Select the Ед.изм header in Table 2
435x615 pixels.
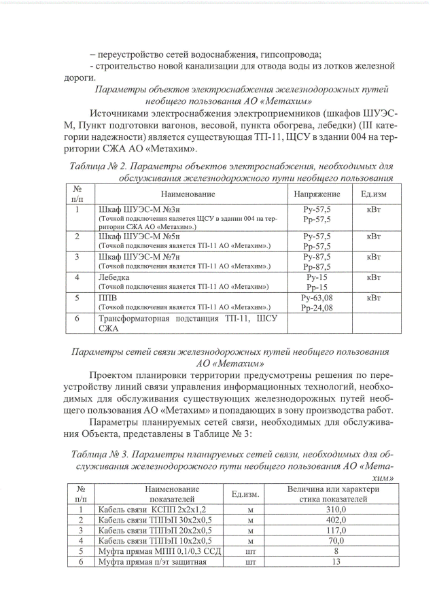pyautogui.click(x=373, y=194)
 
